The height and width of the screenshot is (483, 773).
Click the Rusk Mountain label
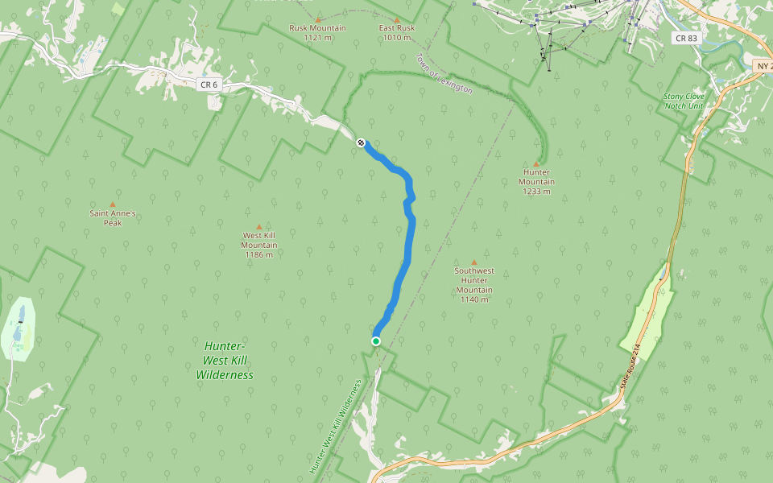[x=317, y=32]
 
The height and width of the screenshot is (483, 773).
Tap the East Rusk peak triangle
[x=397, y=19]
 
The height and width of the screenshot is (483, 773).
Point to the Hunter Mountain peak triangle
[x=536, y=164]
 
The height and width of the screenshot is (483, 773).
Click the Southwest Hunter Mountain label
[x=473, y=285]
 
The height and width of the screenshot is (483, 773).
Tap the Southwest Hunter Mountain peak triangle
[x=473, y=262]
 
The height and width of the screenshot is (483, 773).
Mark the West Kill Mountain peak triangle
[x=259, y=227]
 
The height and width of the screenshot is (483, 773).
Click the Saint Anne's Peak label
[x=113, y=218]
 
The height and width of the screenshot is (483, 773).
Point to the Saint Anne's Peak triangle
[x=113, y=204]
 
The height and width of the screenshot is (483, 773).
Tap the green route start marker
[x=376, y=341]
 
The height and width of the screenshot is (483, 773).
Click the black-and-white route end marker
[x=361, y=142]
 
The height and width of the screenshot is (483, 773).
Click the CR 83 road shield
[x=685, y=38]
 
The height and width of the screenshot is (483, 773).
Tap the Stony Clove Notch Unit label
[x=684, y=101]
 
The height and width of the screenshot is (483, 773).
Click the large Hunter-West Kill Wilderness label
[x=225, y=360]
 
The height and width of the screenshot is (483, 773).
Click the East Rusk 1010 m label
[x=397, y=32]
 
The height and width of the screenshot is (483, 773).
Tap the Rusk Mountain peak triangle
[x=317, y=19]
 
